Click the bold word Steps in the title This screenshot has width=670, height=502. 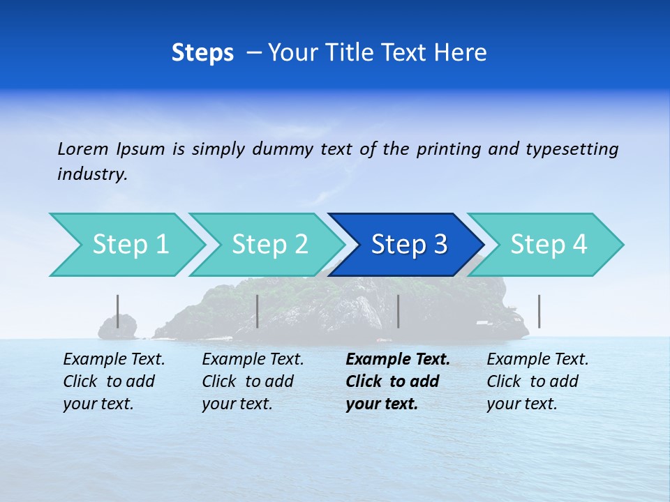(x=202, y=53)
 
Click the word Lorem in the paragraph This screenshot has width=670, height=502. (x=83, y=149)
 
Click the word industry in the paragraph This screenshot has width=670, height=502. (x=91, y=174)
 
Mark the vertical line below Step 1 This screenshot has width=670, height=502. (x=117, y=311)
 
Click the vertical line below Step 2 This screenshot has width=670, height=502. (x=258, y=311)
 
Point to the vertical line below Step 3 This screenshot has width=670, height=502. (x=398, y=311)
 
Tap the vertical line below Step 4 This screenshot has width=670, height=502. (x=539, y=311)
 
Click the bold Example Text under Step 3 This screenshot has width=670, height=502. (x=398, y=360)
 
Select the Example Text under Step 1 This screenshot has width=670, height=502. (x=114, y=360)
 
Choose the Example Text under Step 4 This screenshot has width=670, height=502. (x=537, y=360)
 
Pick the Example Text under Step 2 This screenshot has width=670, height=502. (x=253, y=360)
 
